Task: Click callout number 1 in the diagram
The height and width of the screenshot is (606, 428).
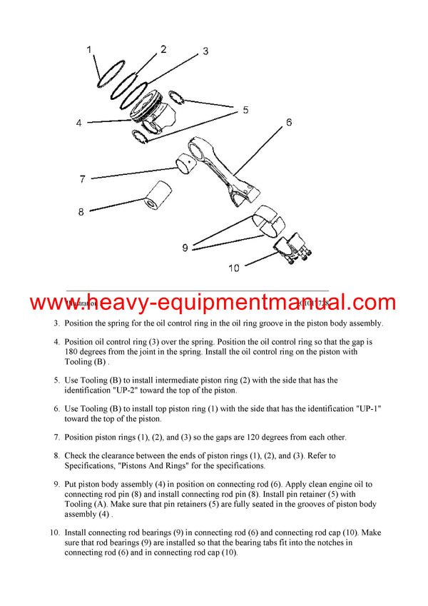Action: click(89, 50)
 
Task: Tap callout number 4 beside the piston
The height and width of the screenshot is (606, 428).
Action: click(79, 123)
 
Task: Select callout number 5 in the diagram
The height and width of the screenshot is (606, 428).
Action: click(245, 110)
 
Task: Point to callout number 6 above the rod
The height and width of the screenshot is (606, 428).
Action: click(289, 123)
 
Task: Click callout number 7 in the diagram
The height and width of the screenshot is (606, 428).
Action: click(83, 178)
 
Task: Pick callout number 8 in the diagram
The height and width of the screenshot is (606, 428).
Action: click(81, 211)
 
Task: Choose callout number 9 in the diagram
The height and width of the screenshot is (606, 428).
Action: click(185, 248)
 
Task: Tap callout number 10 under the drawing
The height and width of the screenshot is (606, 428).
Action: click(233, 268)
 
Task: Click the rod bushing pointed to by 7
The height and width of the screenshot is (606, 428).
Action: click(187, 168)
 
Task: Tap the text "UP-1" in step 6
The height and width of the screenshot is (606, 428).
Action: click(369, 408)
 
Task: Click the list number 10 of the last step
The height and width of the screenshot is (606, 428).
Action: click(54, 532)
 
